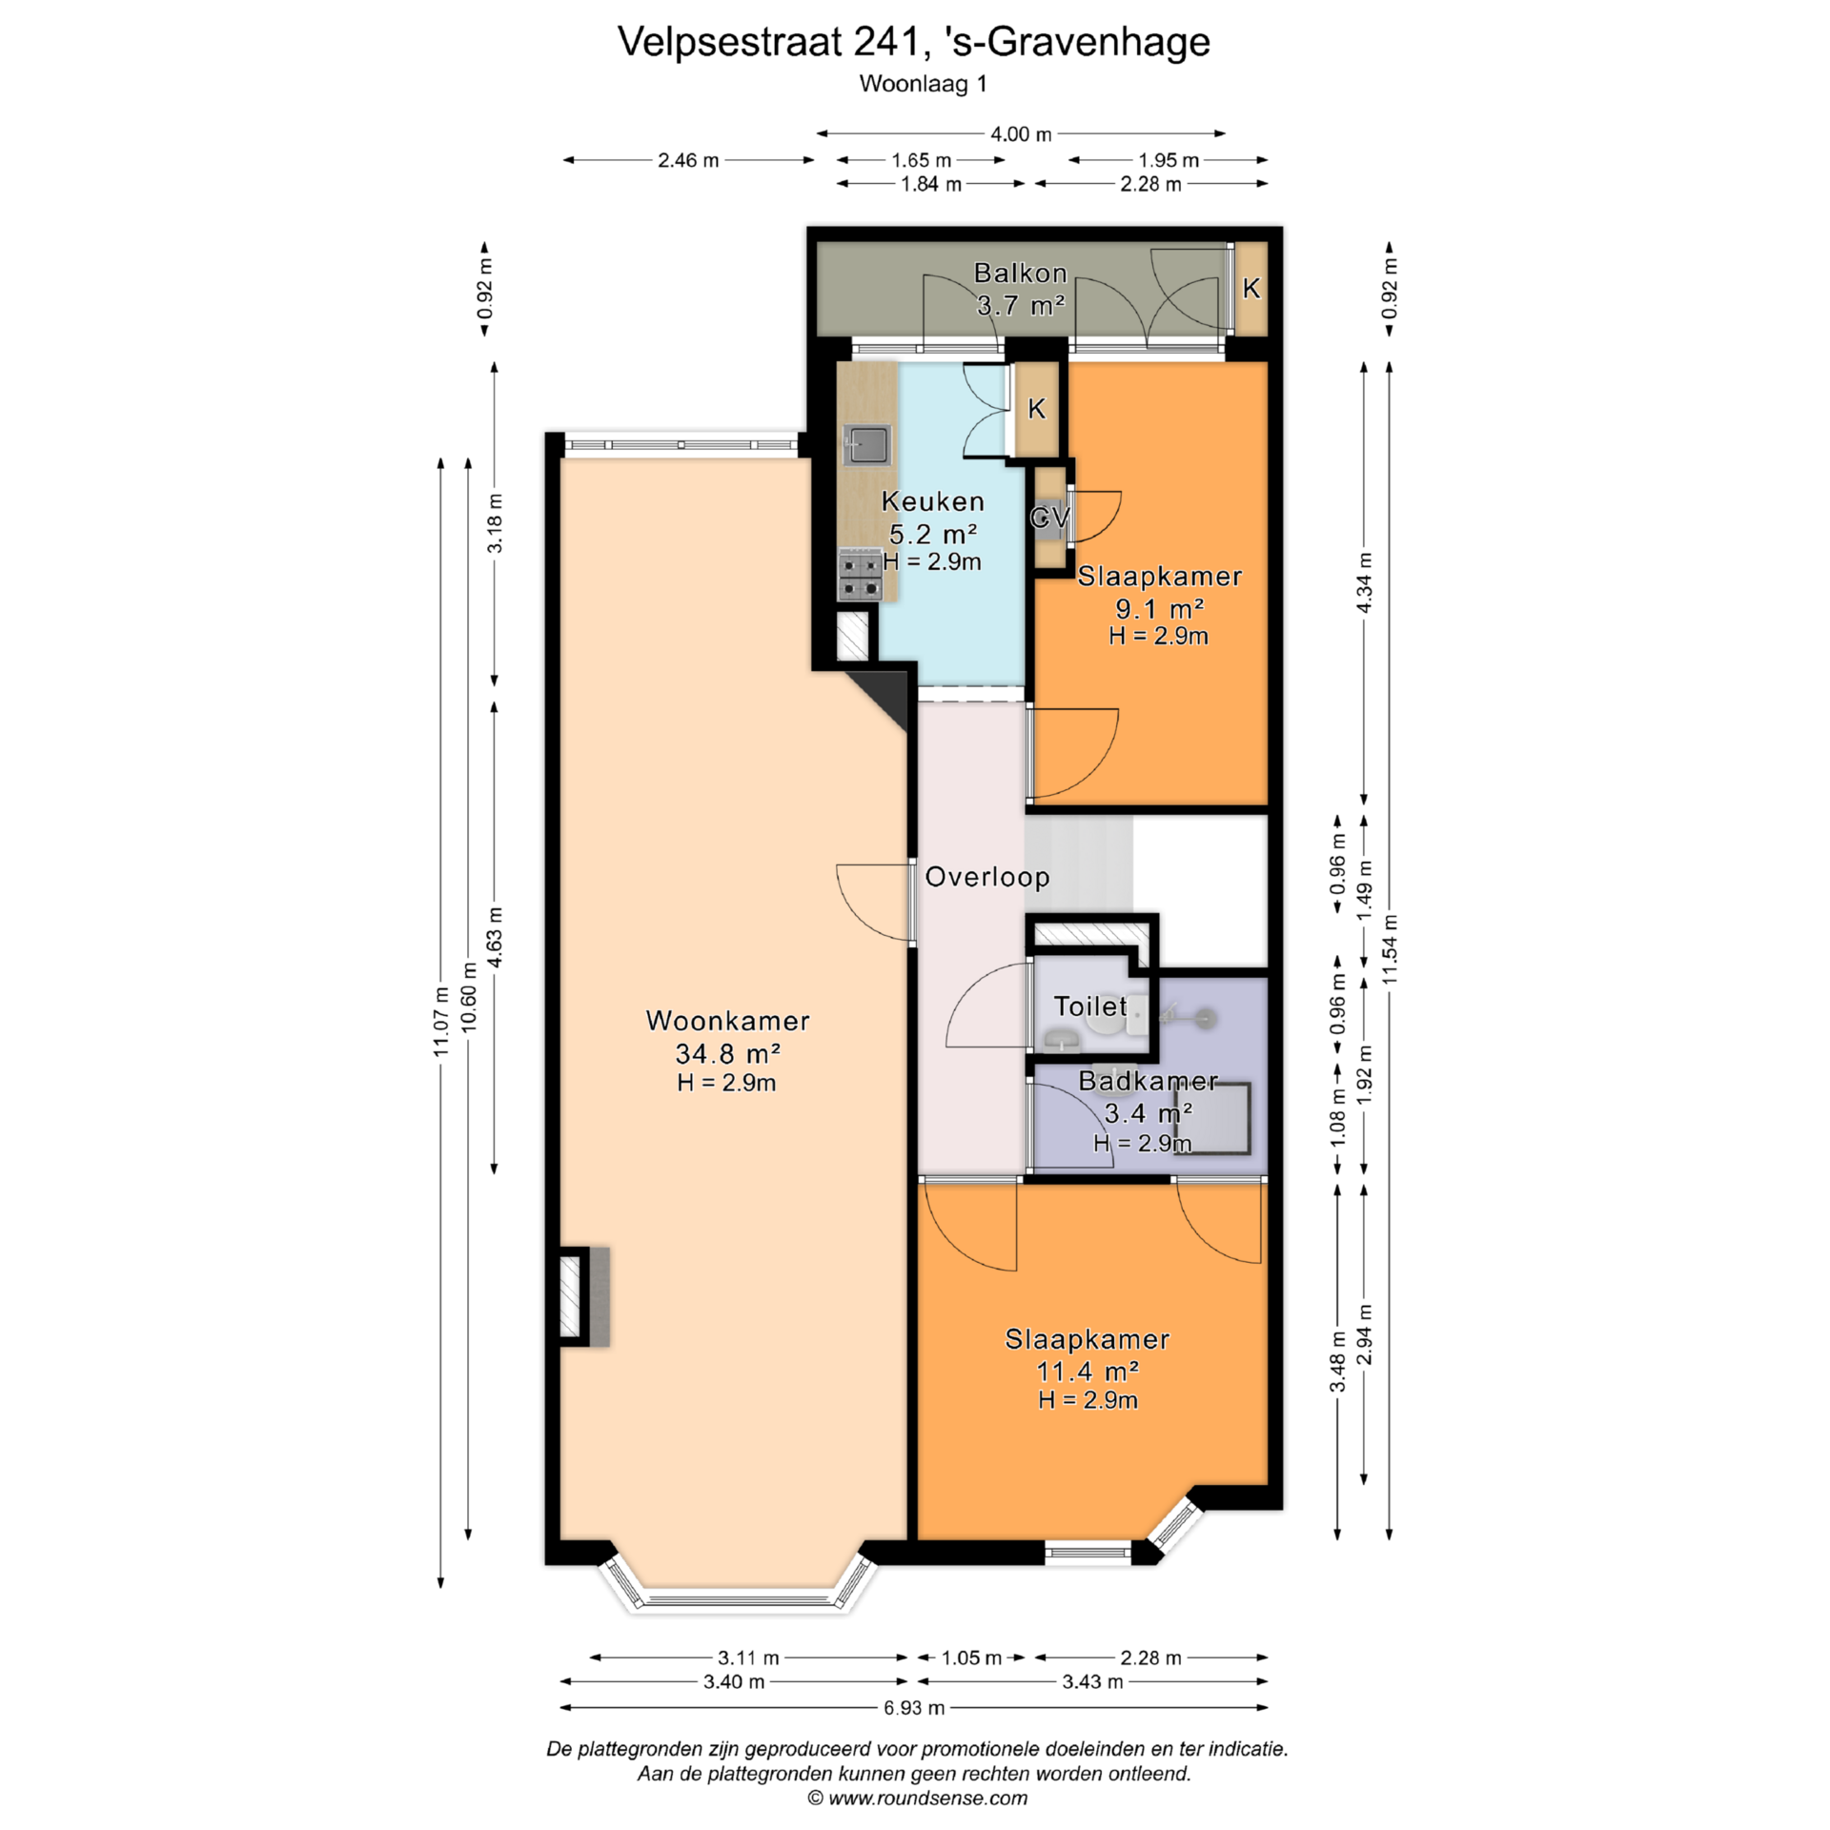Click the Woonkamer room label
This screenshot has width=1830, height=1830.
(x=728, y=1021)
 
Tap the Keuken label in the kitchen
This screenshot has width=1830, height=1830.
(x=933, y=501)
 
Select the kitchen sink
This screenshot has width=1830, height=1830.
(x=867, y=444)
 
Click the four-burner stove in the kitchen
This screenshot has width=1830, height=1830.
(x=860, y=576)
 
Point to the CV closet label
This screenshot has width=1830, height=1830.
(x=1049, y=518)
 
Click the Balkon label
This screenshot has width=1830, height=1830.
(x=1020, y=274)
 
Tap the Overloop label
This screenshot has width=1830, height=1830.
(x=987, y=877)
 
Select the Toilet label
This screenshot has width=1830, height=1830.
(x=1090, y=1006)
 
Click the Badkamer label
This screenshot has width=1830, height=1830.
(x=1149, y=1081)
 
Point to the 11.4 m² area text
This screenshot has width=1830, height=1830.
(x=1088, y=1372)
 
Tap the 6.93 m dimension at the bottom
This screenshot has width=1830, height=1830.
(x=914, y=1708)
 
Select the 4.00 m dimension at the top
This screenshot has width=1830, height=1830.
(x=1021, y=134)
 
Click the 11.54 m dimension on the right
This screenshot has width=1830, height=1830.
(x=1391, y=949)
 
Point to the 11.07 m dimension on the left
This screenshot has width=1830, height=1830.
(x=440, y=1021)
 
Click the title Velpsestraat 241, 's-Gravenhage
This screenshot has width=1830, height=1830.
(x=914, y=42)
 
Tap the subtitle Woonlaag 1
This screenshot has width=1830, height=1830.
(x=923, y=84)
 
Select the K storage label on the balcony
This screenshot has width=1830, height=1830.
(x=1251, y=288)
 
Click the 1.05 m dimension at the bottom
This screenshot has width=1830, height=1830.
(x=971, y=1657)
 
